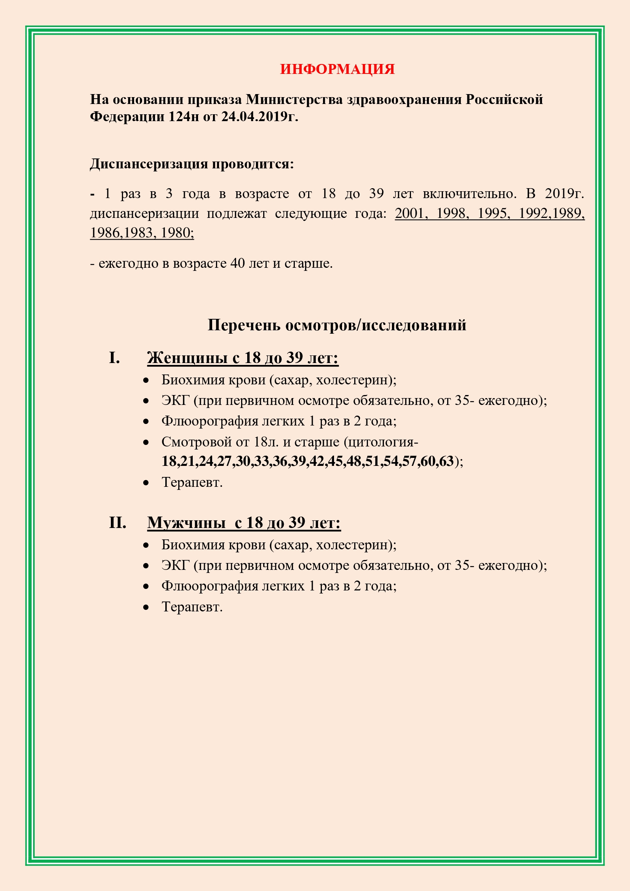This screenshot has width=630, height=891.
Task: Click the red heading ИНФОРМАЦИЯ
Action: [337, 69]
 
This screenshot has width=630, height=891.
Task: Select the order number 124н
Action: [184, 117]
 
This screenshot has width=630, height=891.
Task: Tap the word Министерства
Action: [294, 99]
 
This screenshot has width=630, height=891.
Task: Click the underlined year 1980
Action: [177, 232]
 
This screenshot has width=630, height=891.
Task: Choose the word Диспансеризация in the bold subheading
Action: [145, 164]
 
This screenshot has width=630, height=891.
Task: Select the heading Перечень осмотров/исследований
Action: [337, 325]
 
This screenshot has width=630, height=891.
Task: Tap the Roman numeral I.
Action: [114, 358]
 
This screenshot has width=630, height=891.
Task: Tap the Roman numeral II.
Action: [118, 523]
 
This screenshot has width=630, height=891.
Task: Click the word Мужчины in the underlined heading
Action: [186, 523]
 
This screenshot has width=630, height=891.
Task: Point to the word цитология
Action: [380, 442]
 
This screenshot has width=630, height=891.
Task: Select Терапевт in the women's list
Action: [192, 482]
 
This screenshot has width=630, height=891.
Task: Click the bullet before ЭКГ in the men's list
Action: [146, 566]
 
